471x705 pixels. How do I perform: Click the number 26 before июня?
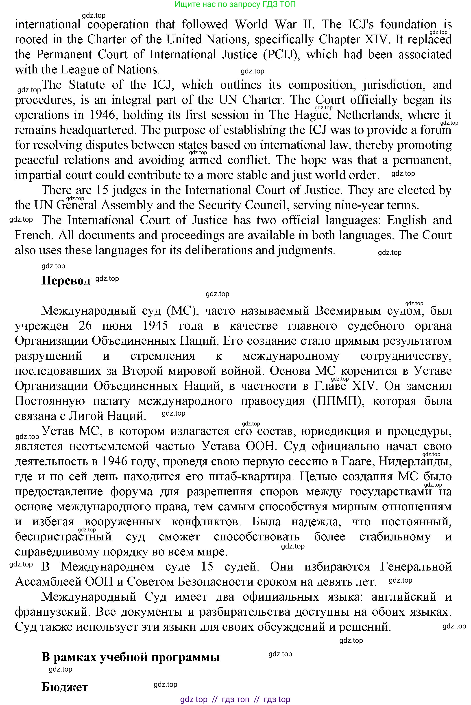click(85, 326)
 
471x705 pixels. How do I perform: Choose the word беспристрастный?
click(63, 537)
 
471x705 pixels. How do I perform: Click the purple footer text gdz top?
click(194, 699)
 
